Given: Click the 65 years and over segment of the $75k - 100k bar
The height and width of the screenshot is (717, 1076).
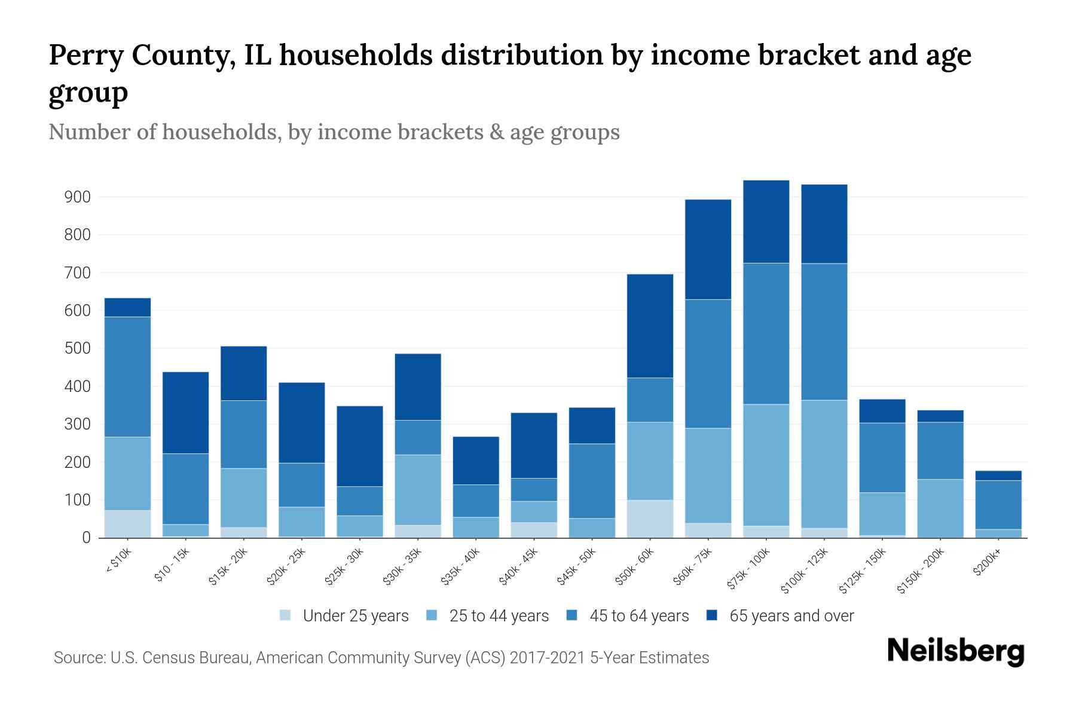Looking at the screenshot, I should (x=766, y=222).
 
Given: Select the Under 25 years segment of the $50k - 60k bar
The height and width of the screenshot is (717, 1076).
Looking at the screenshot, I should (x=650, y=519).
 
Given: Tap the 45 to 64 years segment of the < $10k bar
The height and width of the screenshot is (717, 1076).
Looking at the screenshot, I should (x=127, y=376).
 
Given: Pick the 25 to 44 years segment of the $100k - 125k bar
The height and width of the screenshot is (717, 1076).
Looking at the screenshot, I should (x=824, y=464).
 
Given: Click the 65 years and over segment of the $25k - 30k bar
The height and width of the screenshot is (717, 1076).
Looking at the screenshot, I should (x=360, y=446).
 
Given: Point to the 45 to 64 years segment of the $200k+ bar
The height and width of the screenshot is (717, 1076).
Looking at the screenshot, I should (x=998, y=505).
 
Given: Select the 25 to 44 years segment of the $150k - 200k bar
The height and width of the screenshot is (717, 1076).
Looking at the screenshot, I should (x=940, y=508).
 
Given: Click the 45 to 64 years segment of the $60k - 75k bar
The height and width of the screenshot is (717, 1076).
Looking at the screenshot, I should (x=708, y=363).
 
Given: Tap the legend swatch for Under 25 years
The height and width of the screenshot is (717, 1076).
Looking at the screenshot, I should (x=286, y=615).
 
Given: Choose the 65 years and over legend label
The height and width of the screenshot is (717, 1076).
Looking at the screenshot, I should (x=791, y=615).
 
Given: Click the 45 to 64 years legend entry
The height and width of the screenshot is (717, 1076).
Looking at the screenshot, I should (x=639, y=615).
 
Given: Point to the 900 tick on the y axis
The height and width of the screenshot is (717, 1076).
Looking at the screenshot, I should (x=77, y=197).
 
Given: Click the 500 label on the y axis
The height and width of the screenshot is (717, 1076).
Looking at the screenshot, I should (x=77, y=348).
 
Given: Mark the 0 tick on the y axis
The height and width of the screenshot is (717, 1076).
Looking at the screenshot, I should (x=86, y=538).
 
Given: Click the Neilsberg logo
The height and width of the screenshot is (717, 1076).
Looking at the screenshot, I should (x=955, y=651).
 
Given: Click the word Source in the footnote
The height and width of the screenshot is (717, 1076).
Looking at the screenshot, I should (x=78, y=658).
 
